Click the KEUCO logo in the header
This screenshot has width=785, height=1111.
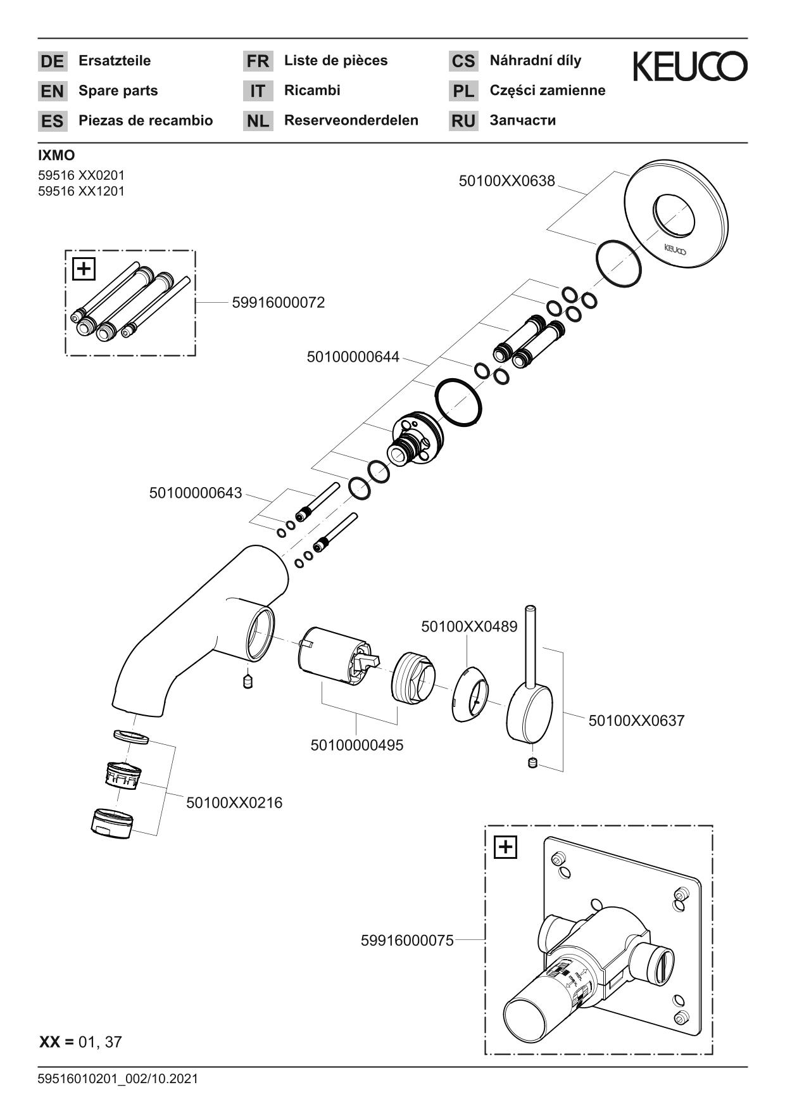[689, 67]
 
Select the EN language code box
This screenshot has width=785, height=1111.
[52, 91]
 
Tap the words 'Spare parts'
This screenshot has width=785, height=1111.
[118, 91]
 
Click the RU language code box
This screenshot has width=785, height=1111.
[463, 121]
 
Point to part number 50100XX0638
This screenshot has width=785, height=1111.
[506, 181]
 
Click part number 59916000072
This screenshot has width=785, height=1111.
[278, 303]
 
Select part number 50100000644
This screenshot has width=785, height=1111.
[353, 357]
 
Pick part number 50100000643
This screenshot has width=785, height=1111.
[196, 493]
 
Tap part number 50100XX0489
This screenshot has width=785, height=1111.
[469, 626]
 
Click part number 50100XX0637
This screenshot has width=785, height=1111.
[636, 720]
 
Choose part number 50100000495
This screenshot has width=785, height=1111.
[356, 745]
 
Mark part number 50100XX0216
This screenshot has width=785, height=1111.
[234, 803]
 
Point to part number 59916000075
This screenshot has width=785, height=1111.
[407, 941]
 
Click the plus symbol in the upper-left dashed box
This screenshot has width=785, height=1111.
[84, 269]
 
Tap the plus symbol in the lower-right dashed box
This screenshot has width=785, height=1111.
[505, 847]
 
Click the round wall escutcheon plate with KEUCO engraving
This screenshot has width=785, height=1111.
[674, 215]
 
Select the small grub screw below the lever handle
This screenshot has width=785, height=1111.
[532, 763]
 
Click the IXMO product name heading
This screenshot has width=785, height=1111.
[56, 156]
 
